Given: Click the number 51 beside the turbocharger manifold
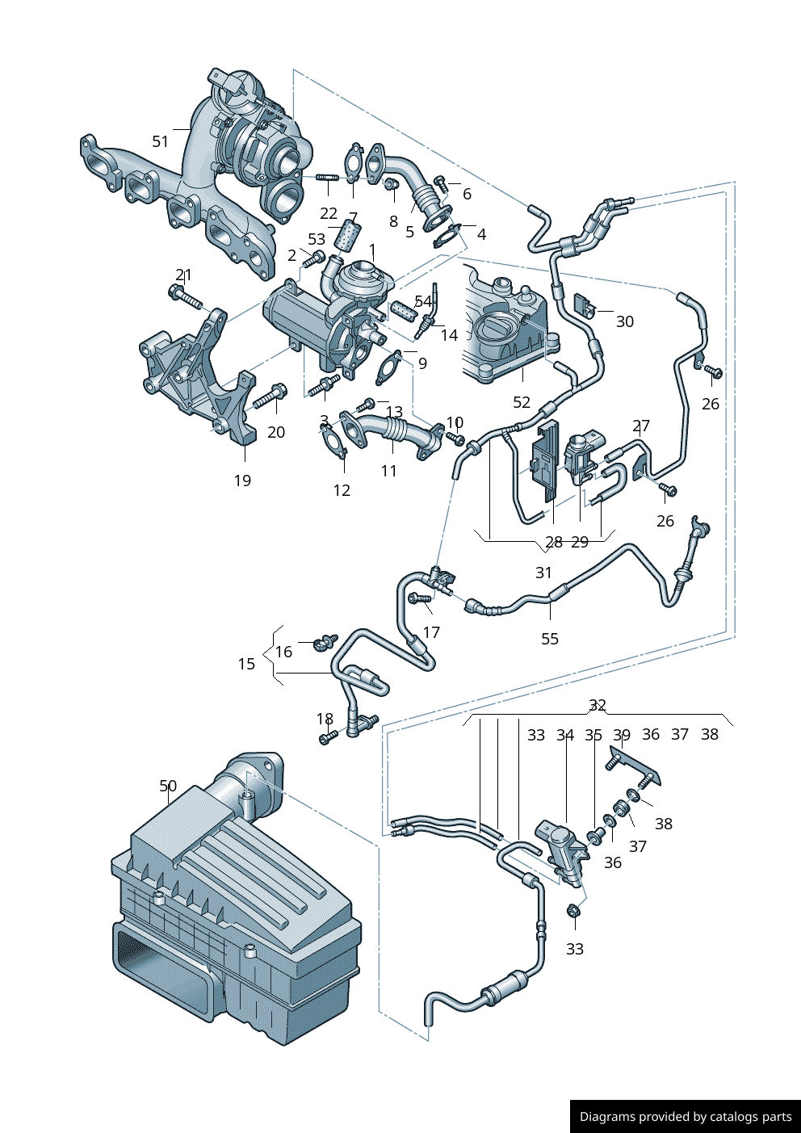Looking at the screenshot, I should click(x=161, y=141).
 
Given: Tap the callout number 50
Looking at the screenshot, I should click(x=168, y=786).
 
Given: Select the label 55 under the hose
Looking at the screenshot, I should click(x=550, y=639).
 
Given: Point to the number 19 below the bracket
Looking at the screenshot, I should click(x=242, y=480).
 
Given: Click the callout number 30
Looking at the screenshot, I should click(x=625, y=321).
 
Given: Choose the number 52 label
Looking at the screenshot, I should click(x=522, y=402).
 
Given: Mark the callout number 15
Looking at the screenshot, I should click(x=246, y=664).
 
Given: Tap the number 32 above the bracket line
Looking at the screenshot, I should click(x=598, y=705).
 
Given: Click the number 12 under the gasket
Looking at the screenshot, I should click(x=342, y=490).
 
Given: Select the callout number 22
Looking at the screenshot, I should click(x=328, y=213).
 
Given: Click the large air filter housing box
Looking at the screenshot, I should click(x=234, y=913).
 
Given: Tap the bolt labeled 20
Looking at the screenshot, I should click(x=270, y=397).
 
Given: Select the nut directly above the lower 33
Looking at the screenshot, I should click(x=573, y=911).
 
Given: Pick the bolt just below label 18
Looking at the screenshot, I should click(x=326, y=737).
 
